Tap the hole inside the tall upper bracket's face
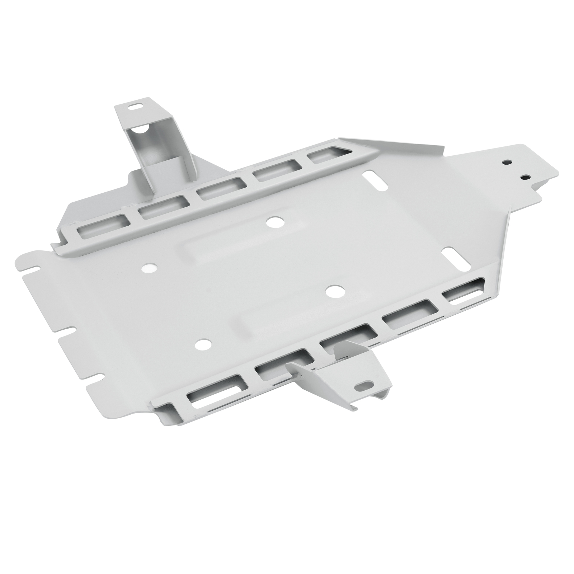146,128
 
